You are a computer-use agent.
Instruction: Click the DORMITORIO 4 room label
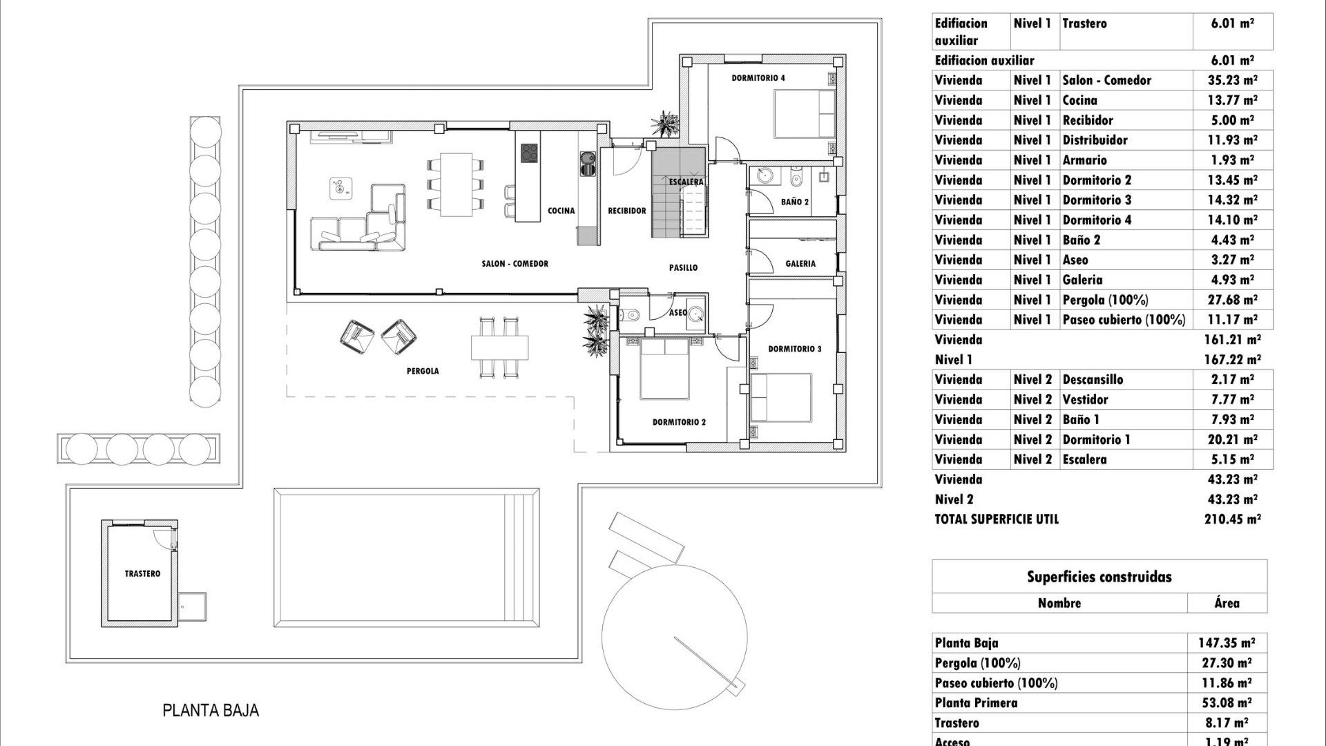758,78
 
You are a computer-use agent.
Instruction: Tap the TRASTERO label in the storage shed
142,573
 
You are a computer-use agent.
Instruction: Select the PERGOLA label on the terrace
423,371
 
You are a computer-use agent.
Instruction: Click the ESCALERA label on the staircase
686,182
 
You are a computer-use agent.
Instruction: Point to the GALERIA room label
800,263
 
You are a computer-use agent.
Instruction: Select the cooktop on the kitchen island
529,153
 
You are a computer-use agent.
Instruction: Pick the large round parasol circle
673,635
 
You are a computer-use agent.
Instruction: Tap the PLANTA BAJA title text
211,710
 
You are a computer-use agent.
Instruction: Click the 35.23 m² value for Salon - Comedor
1232,80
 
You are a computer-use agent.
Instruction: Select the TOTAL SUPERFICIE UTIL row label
996,519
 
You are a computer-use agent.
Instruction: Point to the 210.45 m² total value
1232,519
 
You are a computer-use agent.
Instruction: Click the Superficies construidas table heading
1099,577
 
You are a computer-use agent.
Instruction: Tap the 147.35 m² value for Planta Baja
1226,642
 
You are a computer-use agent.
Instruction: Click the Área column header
1227,603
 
